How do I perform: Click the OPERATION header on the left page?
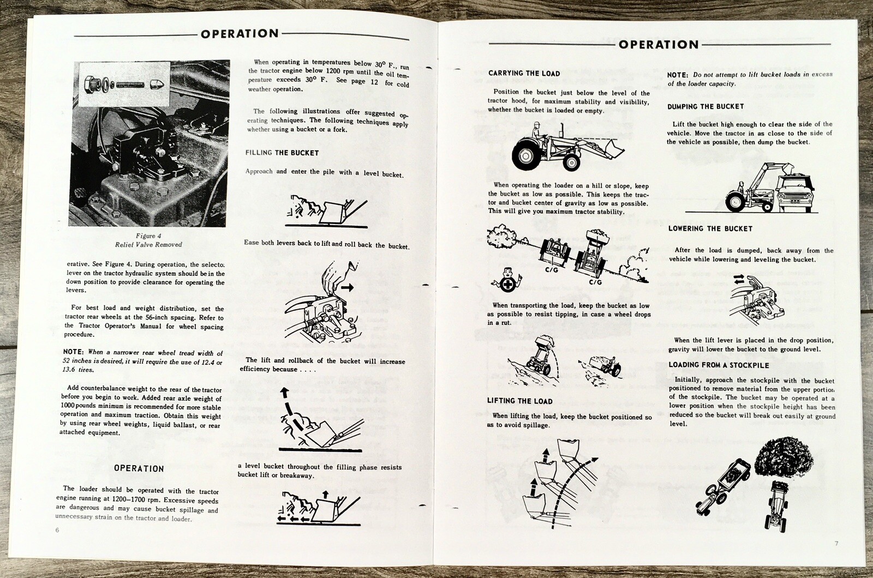240,34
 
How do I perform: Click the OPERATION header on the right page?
659,45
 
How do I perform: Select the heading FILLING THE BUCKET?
282,153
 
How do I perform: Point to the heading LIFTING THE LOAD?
519,401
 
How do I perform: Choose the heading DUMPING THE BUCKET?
705,106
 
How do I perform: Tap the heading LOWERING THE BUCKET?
710,228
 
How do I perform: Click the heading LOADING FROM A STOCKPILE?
719,365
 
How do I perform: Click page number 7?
836,543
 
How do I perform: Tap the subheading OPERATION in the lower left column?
139,468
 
